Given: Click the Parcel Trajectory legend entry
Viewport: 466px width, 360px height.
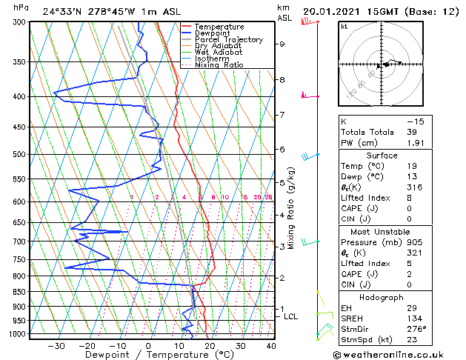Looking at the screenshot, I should pos(224,39).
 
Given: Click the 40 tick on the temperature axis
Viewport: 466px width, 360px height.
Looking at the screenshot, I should pos(271,345).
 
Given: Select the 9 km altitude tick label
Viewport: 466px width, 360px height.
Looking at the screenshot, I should pos(282,44).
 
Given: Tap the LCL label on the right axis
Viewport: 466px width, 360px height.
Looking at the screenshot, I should pos(291,316).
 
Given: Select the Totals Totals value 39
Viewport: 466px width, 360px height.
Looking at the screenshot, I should pos(412,132).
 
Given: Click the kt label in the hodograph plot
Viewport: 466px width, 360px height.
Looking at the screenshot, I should pos(344,26).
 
